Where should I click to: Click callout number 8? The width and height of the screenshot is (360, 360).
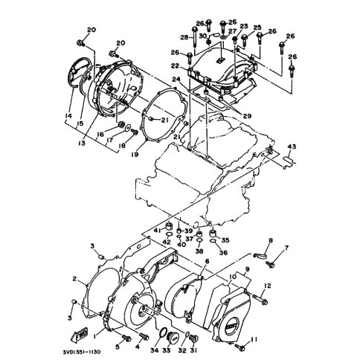[x=271, y=240]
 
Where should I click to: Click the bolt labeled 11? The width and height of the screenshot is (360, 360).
[x=239, y=346]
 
